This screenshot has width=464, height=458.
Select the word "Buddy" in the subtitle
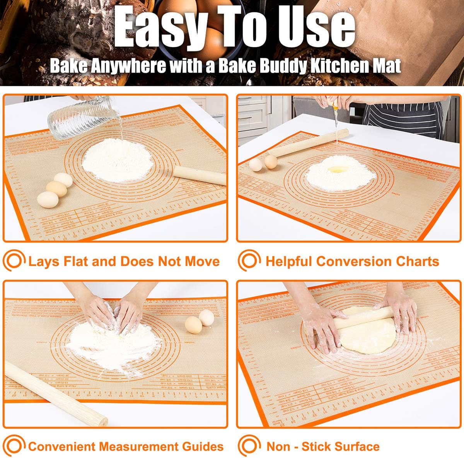point(275,66)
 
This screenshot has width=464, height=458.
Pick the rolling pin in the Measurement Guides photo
point(54,390)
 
